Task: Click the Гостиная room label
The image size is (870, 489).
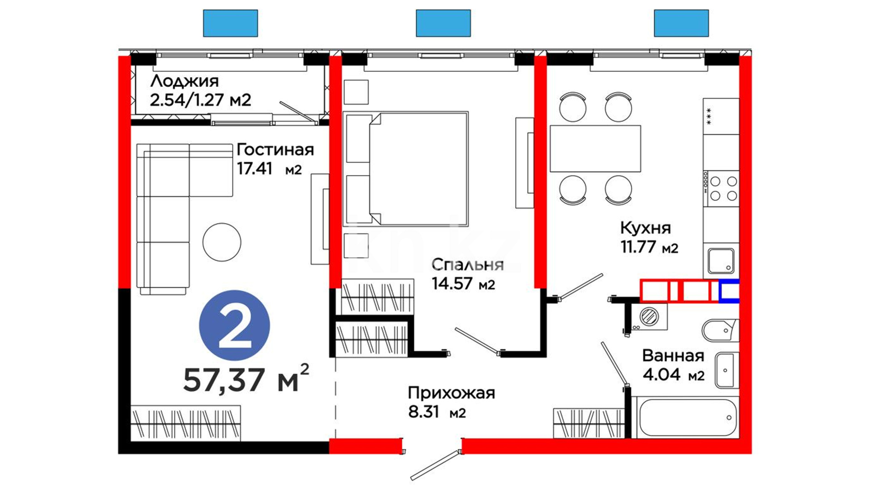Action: click(x=275, y=150)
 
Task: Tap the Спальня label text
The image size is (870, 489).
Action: click(x=467, y=264)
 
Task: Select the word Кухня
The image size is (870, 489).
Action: click(x=645, y=228)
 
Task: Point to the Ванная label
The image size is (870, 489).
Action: click(x=673, y=356)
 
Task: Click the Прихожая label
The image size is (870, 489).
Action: click(x=451, y=393)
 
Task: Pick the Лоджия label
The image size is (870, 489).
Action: click(x=184, y=81)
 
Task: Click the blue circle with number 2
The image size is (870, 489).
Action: click(x=234, y=326)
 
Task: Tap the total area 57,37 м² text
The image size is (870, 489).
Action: click(x=246, y=379)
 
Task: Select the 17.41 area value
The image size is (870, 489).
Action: click(x=255, y=168)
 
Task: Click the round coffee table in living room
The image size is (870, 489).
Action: click(x=222, y=242)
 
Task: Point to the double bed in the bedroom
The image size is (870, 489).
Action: click(x=406, y=169)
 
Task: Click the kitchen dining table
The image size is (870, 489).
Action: click(x=595, y=149)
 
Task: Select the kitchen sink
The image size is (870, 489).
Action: click(x=721, y=261)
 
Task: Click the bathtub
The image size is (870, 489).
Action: click(x=685, y=418)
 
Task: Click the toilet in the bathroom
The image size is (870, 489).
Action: click(x=720, y=331)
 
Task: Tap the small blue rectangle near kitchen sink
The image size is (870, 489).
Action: click(x=729, y=291)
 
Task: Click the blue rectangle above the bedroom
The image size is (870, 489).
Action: click(x=443, y=23)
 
